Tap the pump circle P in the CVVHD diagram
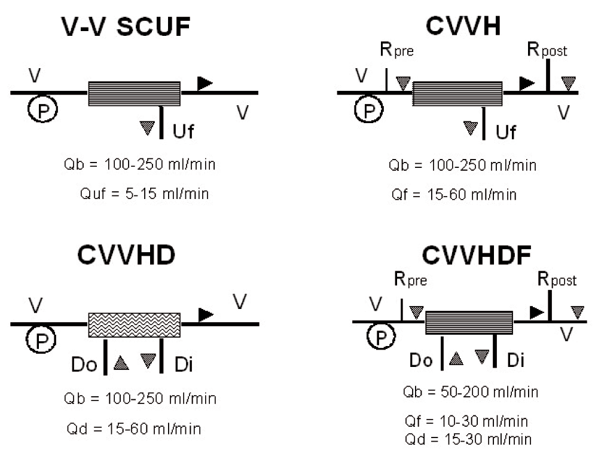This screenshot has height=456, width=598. pos(40,340)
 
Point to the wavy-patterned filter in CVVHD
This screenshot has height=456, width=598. pos(135,324)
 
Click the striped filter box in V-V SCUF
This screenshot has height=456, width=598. pos(135,93)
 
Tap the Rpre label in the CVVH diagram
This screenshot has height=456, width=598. pos(396,52)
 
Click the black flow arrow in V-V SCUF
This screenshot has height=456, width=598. pos(205,84)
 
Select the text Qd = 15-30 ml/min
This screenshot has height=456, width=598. pos(468,439)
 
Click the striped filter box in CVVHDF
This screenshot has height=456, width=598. pos(469,323)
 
